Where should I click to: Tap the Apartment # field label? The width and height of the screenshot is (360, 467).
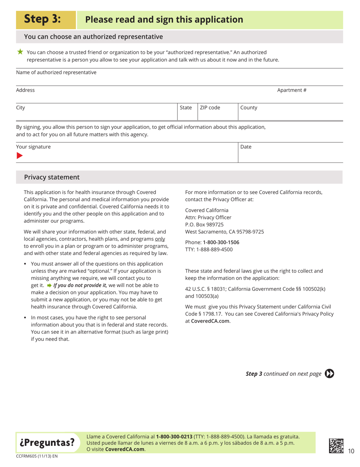(x=291, y=90)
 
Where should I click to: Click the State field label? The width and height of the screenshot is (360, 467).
(x=186, y=108)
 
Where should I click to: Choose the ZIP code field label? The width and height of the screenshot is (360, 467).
(x=210, y=108)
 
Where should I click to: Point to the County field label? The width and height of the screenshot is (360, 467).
(x=249, y=108)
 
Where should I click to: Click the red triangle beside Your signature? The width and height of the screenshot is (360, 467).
(x=19, y=155)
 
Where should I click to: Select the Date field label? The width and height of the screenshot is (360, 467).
(x=246, y=146)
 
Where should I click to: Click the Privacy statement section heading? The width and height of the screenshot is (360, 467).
(x=52, y=177)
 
